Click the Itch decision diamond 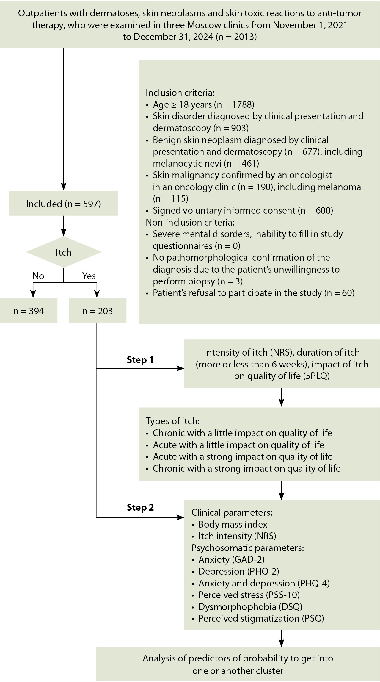tap(64, 252)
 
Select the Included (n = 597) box tap(63, 204)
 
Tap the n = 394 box tap(29, 311)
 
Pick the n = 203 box tap(98, 311)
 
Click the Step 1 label tap(140, 360)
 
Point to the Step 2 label tap(140, 507)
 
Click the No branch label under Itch tap(38, 276)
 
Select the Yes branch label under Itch tap(89, 276)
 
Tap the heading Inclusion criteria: tap(180, 93)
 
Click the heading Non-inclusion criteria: tap(190, 222)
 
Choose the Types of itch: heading tap(172, 421)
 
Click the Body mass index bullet tap(233, 524)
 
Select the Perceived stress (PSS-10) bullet tap(249, 595)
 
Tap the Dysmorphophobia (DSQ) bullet tap(250, 606)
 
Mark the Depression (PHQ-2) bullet tap(238, 571)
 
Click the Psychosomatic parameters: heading tap(247, 548)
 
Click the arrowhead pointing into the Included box tap(64, 187)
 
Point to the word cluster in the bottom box tap(267, 671)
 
